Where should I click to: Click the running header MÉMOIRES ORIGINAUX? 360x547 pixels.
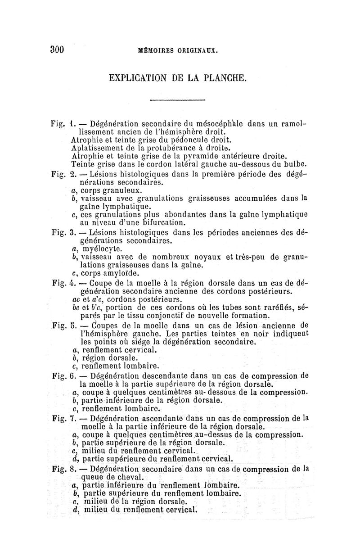[x=179, y=51]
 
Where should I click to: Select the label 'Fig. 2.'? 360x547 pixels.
[x=63, y=174]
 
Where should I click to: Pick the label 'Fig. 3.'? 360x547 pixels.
[x=63, y=232]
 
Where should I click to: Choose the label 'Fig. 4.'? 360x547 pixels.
[x=63, y=283]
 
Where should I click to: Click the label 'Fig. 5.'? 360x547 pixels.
[x=63, y=325]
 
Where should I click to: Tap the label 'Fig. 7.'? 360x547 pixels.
[x=63, y=418]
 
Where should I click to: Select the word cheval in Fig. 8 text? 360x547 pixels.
[x=126, y=477]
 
